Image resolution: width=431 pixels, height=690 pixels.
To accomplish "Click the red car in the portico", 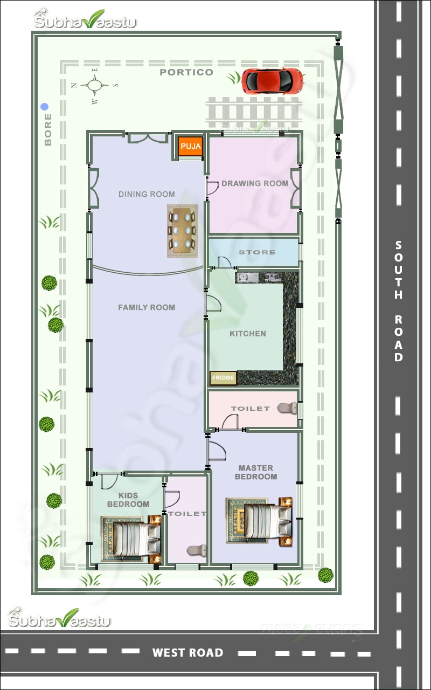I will pyautogui.click(x=272, y=80).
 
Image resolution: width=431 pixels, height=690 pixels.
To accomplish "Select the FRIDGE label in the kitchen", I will pyautogui.click(x=223, y=378).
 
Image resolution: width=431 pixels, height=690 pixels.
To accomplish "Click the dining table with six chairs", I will pyautogui.click(x=182, y=231).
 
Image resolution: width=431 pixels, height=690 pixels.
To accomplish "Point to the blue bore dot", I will pyautogui.click(x=45, y=107).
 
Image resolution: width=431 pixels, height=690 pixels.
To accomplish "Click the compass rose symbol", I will pyautogui.click(x=95, y=85).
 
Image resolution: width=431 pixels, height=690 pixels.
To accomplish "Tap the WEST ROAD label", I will pyautogui.click(x=187, y=653).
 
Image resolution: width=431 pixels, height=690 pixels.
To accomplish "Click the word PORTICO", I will pyautogui.click(x=186, y=72).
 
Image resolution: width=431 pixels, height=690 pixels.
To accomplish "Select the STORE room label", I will pyautogui.click(x=257, y=252).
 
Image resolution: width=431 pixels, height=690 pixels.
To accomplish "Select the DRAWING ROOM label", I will pyautogui.click(x=255, y=183).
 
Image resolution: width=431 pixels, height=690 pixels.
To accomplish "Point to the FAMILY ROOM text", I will pyautogui.click(x=147, y=307).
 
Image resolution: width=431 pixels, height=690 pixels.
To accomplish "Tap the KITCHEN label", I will pyautogui.click(x=248, y=334).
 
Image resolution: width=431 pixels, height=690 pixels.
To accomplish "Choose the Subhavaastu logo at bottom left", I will pyautogui.click(x=59, y=619).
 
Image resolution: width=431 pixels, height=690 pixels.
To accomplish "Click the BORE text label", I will pyautogui.click(x=48, y=129).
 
